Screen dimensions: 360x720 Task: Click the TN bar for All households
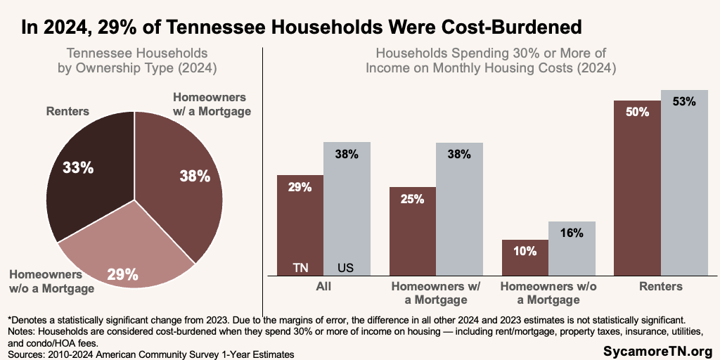point(300,225)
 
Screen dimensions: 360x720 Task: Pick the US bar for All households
point(347,211)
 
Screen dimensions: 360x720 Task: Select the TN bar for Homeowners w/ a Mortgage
point(413,232)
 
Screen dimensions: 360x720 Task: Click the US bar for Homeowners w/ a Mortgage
point(459,211)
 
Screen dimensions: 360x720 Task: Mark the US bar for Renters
point(684,183)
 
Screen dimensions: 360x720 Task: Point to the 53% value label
point(683,101)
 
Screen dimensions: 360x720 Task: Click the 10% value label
point(525,250)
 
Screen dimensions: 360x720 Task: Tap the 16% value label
point(572,233)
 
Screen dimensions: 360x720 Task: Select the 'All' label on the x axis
point(323,286)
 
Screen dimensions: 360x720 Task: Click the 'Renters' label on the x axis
point(661,286)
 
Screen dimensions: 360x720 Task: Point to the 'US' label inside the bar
point(346,267)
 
